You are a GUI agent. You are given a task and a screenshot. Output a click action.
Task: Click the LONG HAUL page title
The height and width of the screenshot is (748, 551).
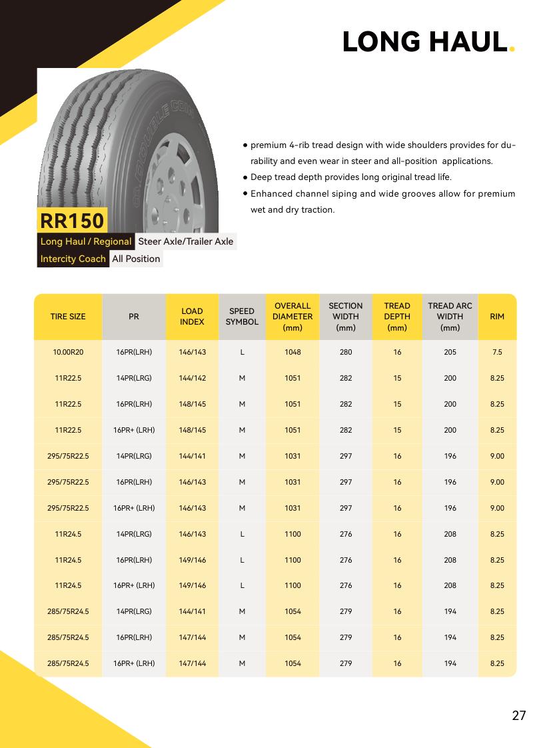[424, 42]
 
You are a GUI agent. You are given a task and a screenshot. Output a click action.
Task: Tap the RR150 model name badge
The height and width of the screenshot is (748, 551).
[73, 220]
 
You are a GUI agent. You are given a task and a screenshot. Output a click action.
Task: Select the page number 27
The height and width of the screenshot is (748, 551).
[519, 715]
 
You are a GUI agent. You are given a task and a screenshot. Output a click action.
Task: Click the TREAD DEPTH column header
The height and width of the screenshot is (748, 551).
[397, 317]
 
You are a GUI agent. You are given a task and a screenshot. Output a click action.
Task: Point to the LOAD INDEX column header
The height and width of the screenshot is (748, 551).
[192, 317]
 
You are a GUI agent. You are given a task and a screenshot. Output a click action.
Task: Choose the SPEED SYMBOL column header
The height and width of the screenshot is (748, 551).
[242, 317]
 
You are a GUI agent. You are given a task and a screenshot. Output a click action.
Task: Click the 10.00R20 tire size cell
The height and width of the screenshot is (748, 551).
[68, 352]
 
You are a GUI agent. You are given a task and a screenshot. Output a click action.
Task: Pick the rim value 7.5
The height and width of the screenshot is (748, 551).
[497, 352]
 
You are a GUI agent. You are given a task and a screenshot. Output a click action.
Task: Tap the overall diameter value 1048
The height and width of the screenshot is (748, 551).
[292, 352]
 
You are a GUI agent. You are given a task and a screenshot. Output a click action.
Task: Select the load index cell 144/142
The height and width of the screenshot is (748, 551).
[192, 378]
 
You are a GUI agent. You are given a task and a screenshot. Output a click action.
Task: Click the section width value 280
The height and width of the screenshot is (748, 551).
[346, 352]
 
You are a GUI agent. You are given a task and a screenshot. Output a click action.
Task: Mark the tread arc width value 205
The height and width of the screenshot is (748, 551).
[450, 352]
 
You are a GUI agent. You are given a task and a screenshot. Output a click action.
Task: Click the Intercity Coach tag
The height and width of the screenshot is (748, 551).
[73, 259]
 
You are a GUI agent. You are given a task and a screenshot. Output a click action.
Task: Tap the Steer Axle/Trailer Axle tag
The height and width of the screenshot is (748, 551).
[186, 241]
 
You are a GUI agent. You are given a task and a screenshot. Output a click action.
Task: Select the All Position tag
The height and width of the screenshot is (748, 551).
[136, 259]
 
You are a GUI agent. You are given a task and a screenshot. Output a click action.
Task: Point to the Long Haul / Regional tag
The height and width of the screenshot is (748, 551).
[86, 241]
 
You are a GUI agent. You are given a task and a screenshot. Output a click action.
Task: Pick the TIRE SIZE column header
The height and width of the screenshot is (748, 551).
[68, 317]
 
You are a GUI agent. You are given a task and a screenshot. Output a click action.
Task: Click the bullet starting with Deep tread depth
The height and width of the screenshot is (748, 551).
[350, 177]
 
